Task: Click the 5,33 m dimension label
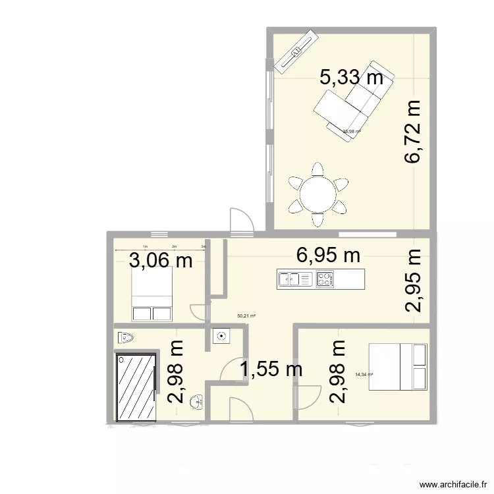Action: click(350, 78)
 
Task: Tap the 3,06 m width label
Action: click(161, 261)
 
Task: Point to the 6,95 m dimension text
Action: click(328, 256)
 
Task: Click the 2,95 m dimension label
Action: click(413, 281)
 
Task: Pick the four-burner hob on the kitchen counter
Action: click(324, 280)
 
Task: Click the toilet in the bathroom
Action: click(125, 338)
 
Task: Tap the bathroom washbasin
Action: click(196, 403)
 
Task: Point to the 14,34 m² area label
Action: click(364, 375)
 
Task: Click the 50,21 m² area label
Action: click(246, 316)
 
